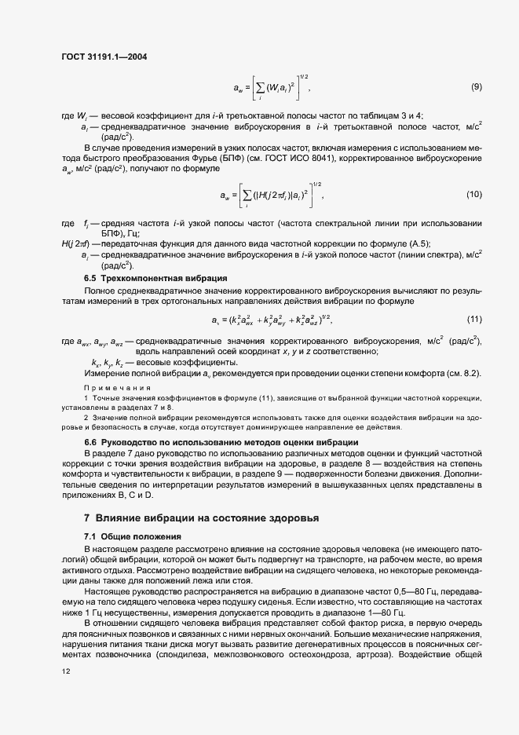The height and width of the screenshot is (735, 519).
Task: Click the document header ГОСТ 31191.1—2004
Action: click(x=104, y=57)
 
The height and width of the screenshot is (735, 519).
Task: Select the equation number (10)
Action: click(x=473, y=194)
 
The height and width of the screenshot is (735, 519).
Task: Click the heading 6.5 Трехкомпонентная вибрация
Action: click(x=155, y=278)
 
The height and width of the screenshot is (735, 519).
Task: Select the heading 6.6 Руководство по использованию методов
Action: click(x=221, y=443)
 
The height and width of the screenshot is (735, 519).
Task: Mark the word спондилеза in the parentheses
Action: click(x=185, y=654)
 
